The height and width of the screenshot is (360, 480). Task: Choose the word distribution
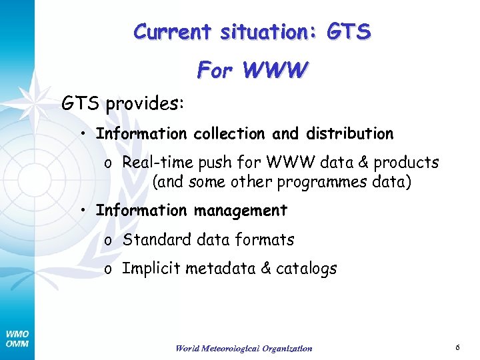point(349,134)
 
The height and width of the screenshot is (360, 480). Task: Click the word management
point(241,211)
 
